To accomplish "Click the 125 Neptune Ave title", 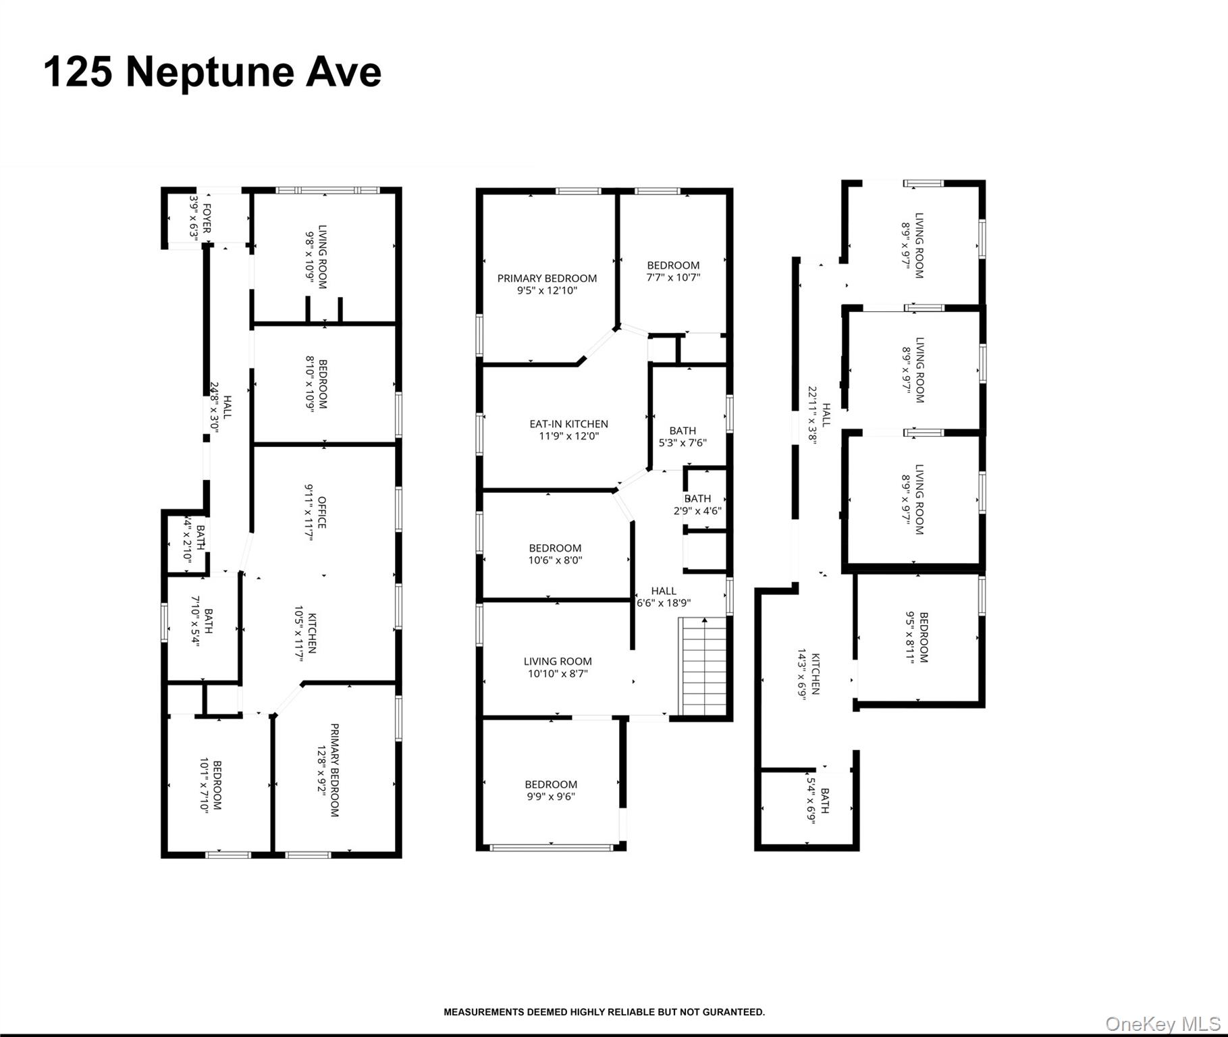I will pos(213,72).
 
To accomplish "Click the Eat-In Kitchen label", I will pos(568,430).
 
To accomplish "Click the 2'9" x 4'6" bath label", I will pos(697,504).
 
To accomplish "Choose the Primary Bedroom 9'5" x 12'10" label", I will pos(547,284).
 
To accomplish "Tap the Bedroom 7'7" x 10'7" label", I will pos(673,271).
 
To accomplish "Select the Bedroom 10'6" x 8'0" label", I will pos(555,554).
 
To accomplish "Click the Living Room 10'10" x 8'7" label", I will pos(558,667).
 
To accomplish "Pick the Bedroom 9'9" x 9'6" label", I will pos(551,790).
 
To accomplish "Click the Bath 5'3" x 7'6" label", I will pos(683,436).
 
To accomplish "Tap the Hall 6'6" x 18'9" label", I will pos(664,597).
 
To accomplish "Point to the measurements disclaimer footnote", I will pos(604,1012).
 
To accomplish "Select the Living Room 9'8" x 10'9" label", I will pos(317,257).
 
